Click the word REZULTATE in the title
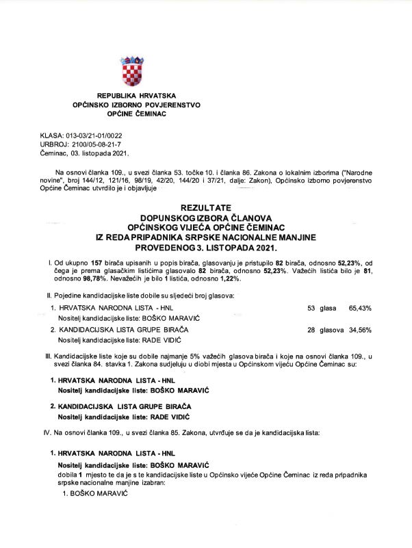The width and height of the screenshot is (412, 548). pyautogui.click(x=206, y=207)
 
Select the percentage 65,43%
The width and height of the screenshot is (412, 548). pyautogui.click(x=360, y=309)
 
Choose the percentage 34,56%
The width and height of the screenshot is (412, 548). pyautogui.click(x=360, y=330)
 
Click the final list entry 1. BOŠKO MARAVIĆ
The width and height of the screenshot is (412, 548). pyautogui.click(x=95, y=493)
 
